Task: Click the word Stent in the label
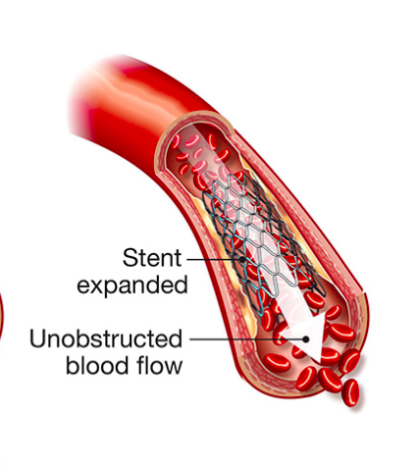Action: (x=152, y=258)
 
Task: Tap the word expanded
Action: (x=132, y=285)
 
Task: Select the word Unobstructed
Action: (x=106, y=338)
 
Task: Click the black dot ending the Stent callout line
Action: (x=242, y=259)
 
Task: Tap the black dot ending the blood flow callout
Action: (x=306, y=339)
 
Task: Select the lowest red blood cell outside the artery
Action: (x=350, y=392)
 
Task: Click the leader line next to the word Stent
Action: (x=213, y=260)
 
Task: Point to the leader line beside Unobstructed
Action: (x=246, y=339)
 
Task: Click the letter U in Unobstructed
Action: (x=37, y=338)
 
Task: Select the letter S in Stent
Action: (x=130, y=258)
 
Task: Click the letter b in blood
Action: (x=72, y=365)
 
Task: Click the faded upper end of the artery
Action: (x=86, y=96)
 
